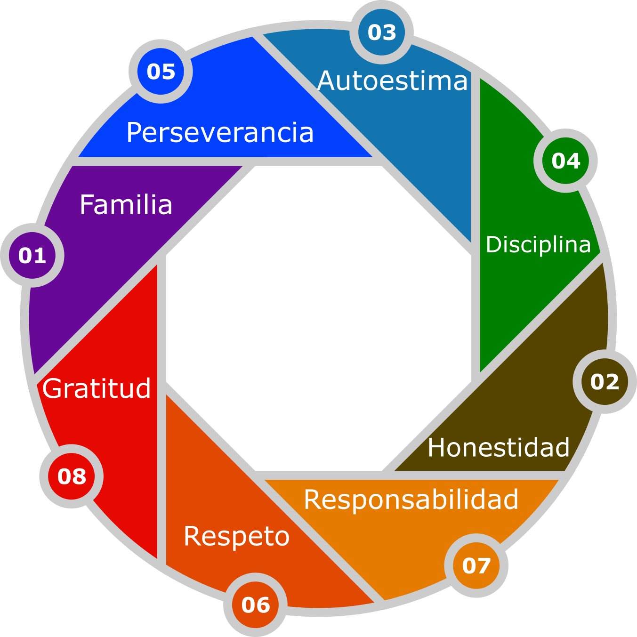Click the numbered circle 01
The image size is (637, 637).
point(32,256)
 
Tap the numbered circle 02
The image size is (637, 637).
point(605,382)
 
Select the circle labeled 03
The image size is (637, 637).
point(381,32)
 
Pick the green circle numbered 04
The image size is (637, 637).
point(565,161)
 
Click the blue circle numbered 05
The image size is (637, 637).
point(161,72)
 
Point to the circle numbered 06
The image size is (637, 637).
point(255,605)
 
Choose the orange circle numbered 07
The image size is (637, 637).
point(476,565)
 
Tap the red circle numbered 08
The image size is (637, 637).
point(72,476)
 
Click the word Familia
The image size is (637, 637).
point(126,205)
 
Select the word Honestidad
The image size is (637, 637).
point(499,447)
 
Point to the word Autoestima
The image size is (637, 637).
point(393,81)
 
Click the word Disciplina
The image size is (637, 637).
point(538,245)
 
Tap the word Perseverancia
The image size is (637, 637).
point(220,133)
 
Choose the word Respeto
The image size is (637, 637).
point(236,536)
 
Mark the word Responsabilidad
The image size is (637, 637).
point(411,500)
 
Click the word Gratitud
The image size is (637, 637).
point(97,388)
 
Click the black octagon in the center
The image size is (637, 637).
point(319,319)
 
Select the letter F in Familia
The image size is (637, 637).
point(87,205)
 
